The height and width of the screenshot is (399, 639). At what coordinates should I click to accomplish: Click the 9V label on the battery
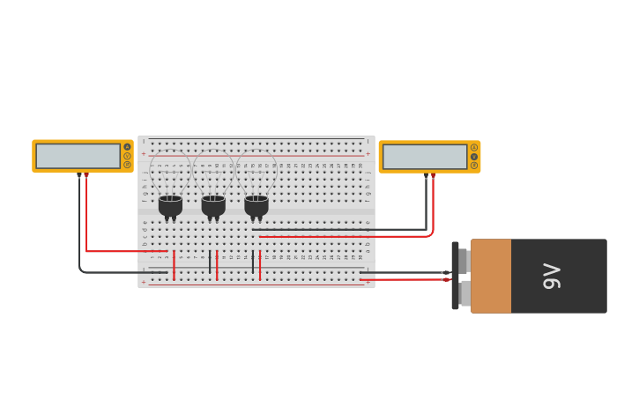(553, 276)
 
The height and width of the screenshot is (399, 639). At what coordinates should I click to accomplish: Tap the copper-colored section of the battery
(491, 276)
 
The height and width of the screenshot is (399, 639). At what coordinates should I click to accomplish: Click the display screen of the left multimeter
(78, 156)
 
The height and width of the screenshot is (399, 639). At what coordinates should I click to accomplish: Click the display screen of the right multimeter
(425, 157)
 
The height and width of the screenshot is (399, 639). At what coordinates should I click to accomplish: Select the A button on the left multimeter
(127, 147)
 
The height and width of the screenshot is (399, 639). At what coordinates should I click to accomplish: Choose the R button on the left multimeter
(127, 165)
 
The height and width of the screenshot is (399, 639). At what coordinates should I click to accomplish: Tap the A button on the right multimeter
(473, 147)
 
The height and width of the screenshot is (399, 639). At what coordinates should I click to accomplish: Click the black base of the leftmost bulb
(170, 206)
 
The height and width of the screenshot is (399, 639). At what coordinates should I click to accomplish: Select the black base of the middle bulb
(213, 206)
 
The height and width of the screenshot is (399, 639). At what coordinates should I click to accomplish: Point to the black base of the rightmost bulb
(256, 206)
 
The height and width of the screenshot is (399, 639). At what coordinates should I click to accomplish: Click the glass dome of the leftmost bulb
(170, 173)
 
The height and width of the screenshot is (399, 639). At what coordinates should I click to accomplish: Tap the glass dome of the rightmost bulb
(256, 173)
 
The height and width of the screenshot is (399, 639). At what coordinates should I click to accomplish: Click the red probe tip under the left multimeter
(86, 176)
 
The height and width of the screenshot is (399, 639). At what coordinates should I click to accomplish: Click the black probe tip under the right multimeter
(426, 176)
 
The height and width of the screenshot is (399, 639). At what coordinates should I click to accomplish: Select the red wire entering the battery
(405, 279)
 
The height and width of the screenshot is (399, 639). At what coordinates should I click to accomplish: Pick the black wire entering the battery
(405, 272)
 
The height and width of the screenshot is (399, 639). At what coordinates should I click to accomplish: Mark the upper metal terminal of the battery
(463, 261)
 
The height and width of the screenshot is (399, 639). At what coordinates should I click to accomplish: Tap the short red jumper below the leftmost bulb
(174, 265)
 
